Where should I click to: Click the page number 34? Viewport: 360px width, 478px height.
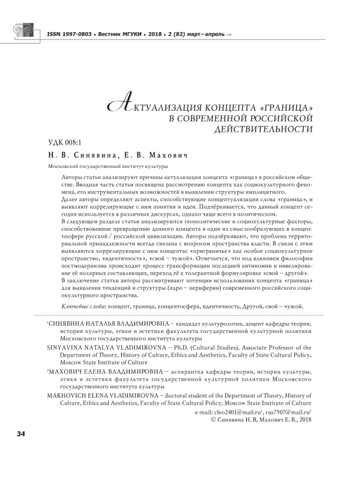pyautogui.click(x=21, y=434)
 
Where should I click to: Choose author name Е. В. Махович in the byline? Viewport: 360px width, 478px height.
pyautogui.click(x=158, y=156)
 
